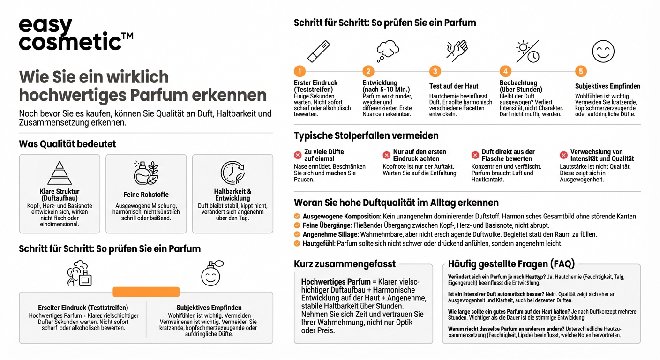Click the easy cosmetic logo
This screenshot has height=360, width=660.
[x=75, y=34]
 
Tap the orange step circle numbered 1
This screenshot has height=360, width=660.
[x=300, y=71]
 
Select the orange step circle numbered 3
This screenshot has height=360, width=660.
[x=435, y=71]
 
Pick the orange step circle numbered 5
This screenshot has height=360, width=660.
[x=581, y=71]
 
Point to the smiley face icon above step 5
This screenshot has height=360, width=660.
[x=603, y=51]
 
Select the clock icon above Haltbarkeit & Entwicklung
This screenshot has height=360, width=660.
[x=232, y=173]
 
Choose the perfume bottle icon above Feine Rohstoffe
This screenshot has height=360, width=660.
[x=146, y=173]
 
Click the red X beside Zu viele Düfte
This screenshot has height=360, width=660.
[x=298, y=155]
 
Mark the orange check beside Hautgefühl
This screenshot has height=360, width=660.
[x=297, y=243]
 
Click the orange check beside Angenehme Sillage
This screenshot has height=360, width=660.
[x=297, y=234]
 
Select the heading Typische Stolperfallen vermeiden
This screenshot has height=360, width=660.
[x=366, y=136]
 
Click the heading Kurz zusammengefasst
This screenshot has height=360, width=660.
[x=345, y=264]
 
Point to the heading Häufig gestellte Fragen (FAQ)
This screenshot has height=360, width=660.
[x=511, y=264]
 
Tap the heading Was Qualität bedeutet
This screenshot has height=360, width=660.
[x=67, y=144]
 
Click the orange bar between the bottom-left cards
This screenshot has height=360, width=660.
[x=146, y=292]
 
